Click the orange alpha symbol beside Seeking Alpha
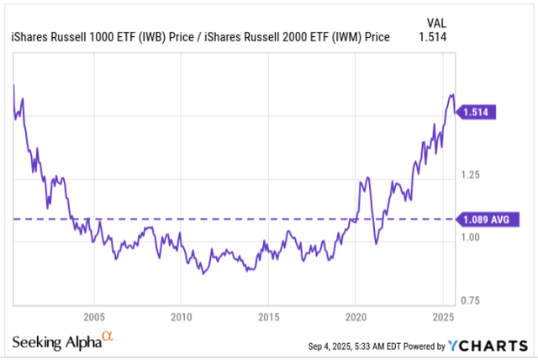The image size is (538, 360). pos(107,337)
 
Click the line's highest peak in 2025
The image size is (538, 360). pos(451,95)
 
